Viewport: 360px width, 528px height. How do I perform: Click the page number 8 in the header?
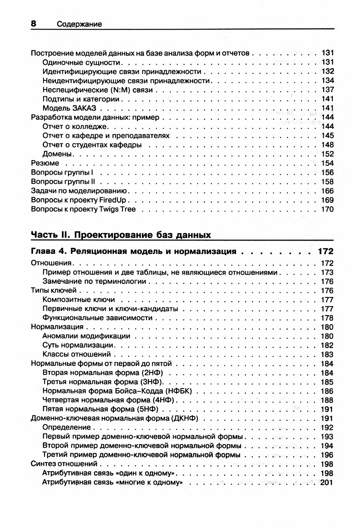tap(34, 23)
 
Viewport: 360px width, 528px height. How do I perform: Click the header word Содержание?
tap(79, 24)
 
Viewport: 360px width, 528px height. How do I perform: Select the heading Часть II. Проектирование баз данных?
tap(121, 235)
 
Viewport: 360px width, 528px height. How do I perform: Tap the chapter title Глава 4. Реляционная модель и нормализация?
tap(133, 251)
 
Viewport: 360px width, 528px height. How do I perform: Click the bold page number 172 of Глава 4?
tap(325, 251)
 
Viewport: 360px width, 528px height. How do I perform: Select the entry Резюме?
tap(45, 163)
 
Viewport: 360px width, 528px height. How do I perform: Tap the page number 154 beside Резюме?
tap(327, 163)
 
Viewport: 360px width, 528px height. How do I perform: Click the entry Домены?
tap(57, 154)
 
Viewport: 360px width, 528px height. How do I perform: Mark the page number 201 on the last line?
tap(327, 482)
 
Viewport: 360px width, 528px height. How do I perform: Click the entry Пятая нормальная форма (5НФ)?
tap(100, 409)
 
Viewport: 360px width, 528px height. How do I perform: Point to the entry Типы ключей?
tap(54, 291)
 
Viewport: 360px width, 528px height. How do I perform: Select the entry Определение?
tap(64, 428)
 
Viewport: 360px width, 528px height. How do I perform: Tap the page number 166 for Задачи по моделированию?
tap(327, 191)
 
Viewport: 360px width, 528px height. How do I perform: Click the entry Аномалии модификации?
tap(86, 336)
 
